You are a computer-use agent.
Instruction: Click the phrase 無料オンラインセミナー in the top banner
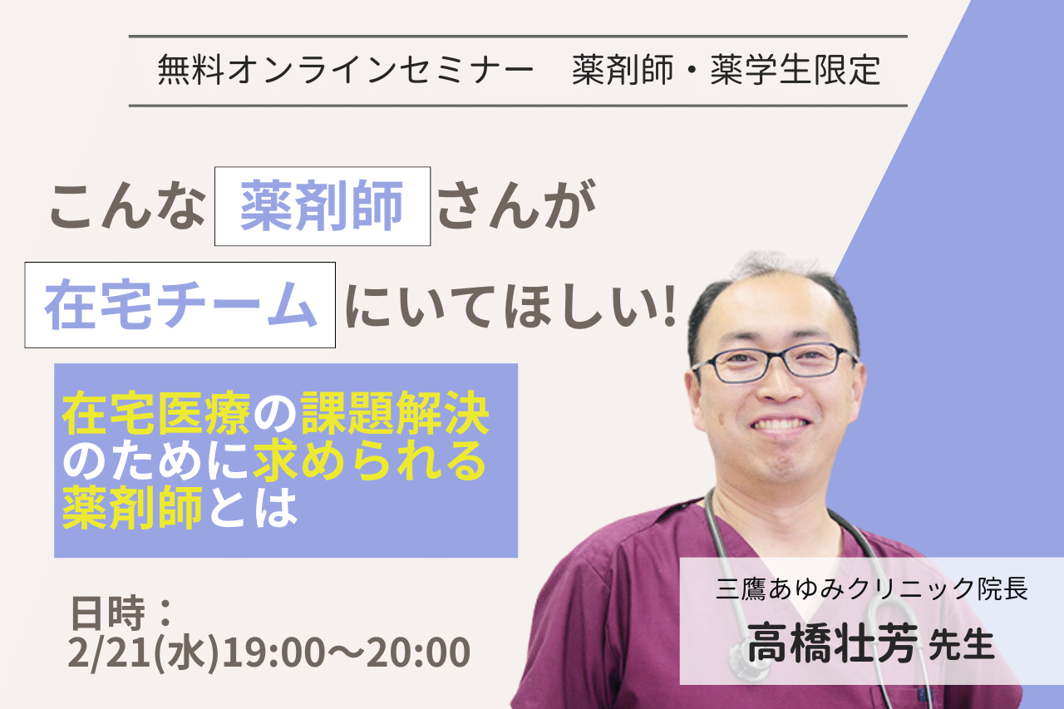click(x=346, y=70)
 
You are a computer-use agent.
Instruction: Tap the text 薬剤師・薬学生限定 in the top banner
click(x=727, y=70)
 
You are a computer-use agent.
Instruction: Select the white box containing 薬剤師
click(x=323, y=206)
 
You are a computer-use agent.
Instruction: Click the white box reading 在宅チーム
click(x=180, y=305)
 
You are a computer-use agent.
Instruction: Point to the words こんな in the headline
click(x=128, y=207)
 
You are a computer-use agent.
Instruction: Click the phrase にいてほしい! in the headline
click(x=511, y=305)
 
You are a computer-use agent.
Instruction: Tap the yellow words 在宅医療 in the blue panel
click(x=156, y=413)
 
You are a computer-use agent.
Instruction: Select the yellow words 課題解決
click(x=395, y=413)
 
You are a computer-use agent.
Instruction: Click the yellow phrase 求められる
click(x=370, y=460)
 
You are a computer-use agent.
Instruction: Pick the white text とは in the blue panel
click(x=252, y=508)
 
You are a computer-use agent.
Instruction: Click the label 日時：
click(x=121, y=613)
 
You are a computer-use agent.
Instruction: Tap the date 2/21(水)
click(x=144, y=653)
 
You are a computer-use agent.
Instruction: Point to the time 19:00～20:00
click(x=345, y=652)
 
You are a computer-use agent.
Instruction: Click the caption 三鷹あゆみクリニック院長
click(x=872, y=588)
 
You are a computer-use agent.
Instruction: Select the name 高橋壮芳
click(x=833, y=643)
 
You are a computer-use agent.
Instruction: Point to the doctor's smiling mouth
click(x=781, y=425)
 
